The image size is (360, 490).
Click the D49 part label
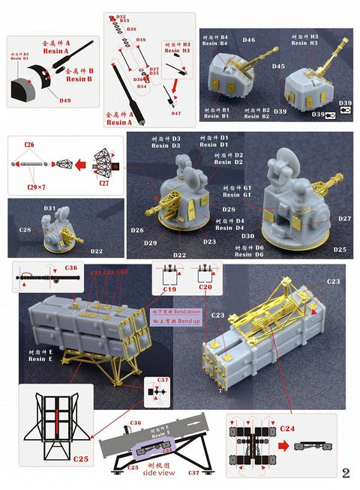pyautogui.click(x=65, y=100)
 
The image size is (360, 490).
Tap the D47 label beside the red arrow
pyautogui.click(x=175, y=113)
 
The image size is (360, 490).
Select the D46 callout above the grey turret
pyautogui.click(x=249, y=40)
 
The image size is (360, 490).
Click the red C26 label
pyautogui.click(x=29, y=143)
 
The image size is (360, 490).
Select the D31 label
pyautogui.click(x=50, y=208)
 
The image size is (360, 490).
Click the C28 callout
pyautogui.click(x=25, y=229)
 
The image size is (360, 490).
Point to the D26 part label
pyautogui.click(x=137, y=230)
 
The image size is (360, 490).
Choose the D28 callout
pyautogui.click(x=229, y=210)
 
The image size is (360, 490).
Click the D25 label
pyautogui.click(x=340, y=249)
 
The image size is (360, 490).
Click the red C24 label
pyautogui.click(x=287, y=427)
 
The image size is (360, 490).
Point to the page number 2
pyautogui.click(x=346, y=473)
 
